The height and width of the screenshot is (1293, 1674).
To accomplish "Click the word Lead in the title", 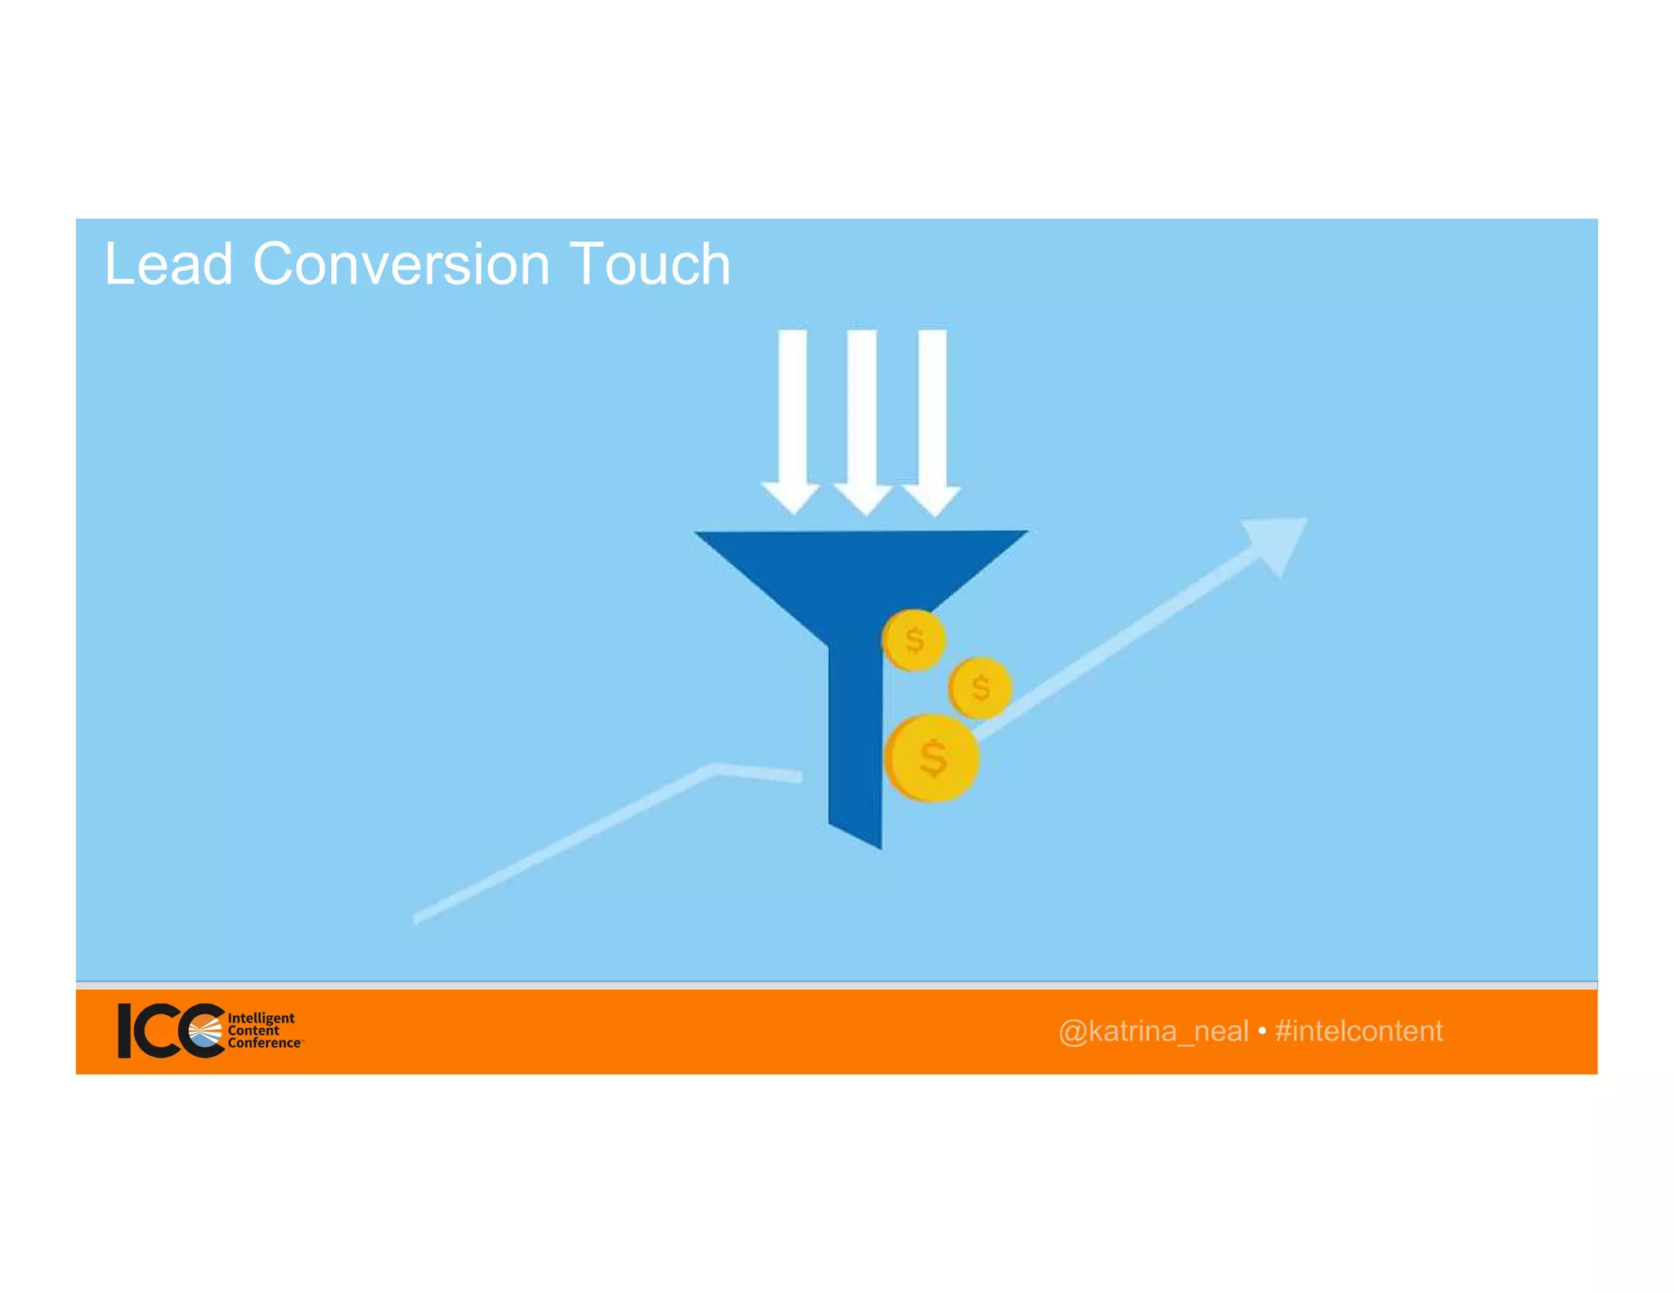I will [168, 265].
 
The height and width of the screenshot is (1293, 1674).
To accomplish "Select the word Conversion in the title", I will [401, 265].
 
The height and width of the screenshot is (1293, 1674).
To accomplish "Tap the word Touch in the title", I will [650, 265].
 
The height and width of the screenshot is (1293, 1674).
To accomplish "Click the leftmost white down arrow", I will [791, 417].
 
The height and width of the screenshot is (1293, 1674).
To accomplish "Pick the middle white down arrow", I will [862, 417].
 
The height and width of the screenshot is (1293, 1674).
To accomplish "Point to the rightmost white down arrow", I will [933, 417].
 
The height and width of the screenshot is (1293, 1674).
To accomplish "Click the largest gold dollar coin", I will [932, 758].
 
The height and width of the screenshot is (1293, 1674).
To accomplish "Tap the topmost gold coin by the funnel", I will [915, 640].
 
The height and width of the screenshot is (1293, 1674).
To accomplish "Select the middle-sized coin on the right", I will [981, 688].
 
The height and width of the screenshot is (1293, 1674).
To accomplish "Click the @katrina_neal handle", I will [1153, 1031].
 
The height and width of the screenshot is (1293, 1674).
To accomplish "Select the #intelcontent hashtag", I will [1358, 1031].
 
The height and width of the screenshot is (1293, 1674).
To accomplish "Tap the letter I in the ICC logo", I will [124, 1031].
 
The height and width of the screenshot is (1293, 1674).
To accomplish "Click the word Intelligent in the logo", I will [261, 1018].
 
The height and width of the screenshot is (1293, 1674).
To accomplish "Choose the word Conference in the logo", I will [264, 1043].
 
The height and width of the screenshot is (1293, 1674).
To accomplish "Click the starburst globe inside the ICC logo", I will [205, 1031].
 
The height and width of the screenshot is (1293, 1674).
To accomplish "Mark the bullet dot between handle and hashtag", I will [1262, 1031].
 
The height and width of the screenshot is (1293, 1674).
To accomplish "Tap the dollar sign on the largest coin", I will [933, 758].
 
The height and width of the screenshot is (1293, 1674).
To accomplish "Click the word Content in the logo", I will [253, 1031].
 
